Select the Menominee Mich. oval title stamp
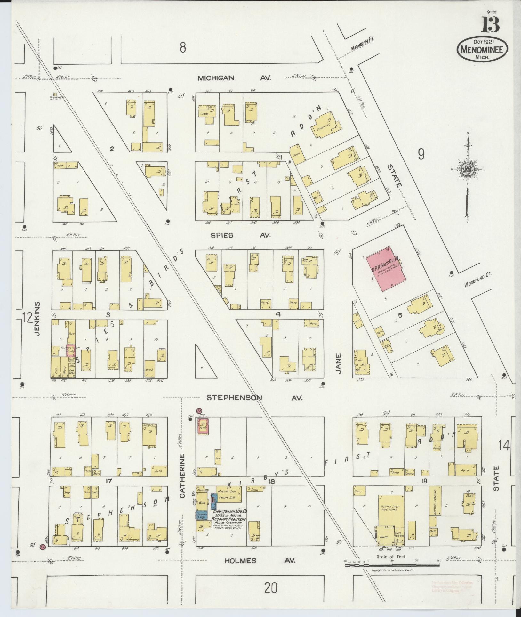479,49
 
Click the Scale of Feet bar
392,565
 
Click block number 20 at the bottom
270,588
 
